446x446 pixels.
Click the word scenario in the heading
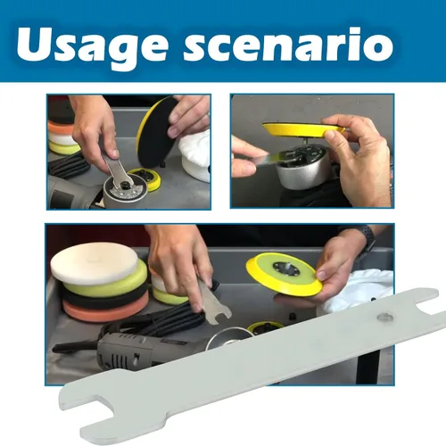pos(288,44)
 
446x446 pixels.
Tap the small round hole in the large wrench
pos(385,317)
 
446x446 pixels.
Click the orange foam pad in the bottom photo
pos(105,310)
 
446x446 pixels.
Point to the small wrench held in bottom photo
pos(211,302)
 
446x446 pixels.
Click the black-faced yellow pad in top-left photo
pos(157,131)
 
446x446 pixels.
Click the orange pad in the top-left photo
pos(61,128)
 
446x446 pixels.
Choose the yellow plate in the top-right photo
pos(303,130)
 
